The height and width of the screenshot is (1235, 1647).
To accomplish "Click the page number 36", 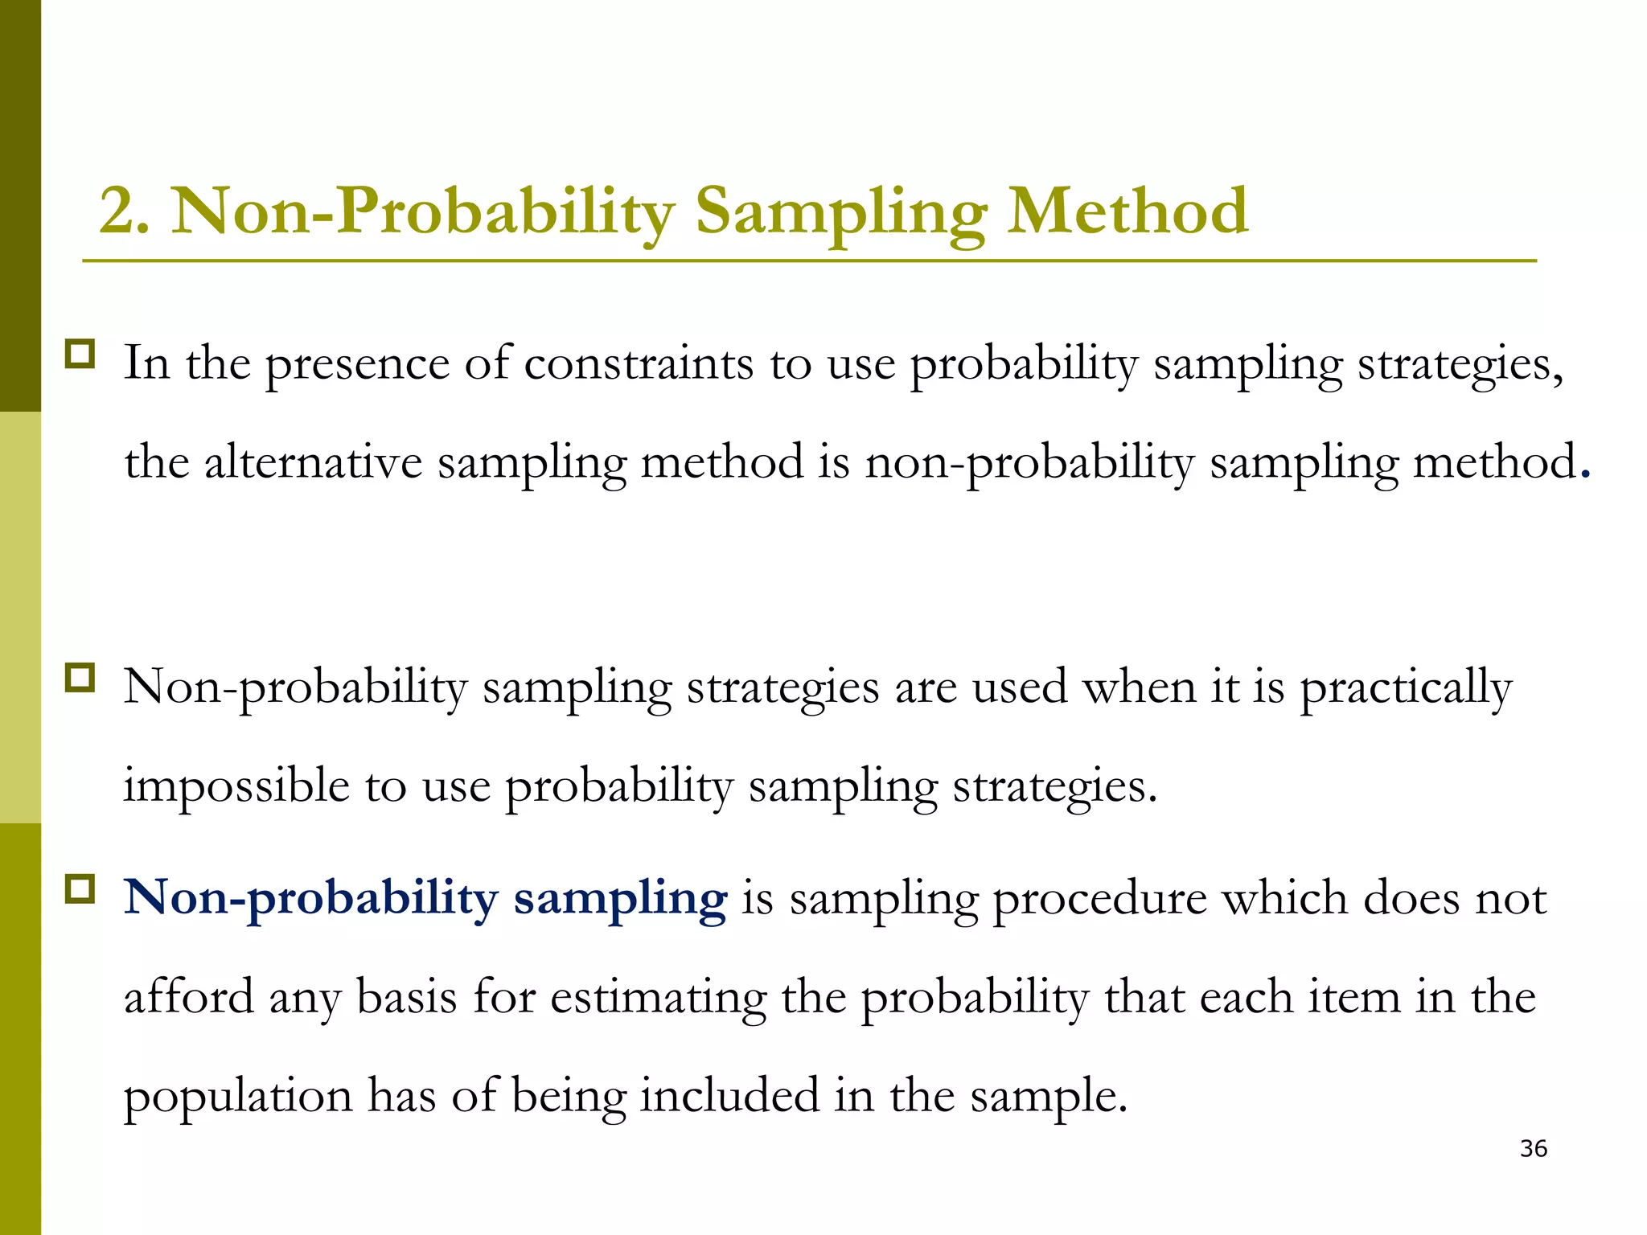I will tap(1534, 1149).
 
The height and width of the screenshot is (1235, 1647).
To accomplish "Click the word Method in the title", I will tap(1127, 211).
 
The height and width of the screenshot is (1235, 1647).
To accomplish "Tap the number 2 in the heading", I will tap(117, 211).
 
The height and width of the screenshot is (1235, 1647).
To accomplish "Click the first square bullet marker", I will tap(80, 355).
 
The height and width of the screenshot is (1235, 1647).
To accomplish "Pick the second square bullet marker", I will tap(80, 678).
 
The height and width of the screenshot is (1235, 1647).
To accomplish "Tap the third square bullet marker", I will tap(80, 889).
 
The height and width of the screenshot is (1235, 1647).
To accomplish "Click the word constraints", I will tap(639, 363).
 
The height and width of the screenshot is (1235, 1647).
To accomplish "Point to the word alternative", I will tap(314, 463).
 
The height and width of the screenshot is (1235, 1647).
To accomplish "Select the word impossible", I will tap(236, 786).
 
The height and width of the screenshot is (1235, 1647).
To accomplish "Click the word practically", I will tap(1406, 688).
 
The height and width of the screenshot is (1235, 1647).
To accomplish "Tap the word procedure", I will tap(1100, 899).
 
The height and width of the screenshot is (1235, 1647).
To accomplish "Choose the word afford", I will tap(189, 997).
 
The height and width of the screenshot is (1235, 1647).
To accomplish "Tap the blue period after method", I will tap(1585, 474).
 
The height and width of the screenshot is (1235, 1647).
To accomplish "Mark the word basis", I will tap(406, 997).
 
